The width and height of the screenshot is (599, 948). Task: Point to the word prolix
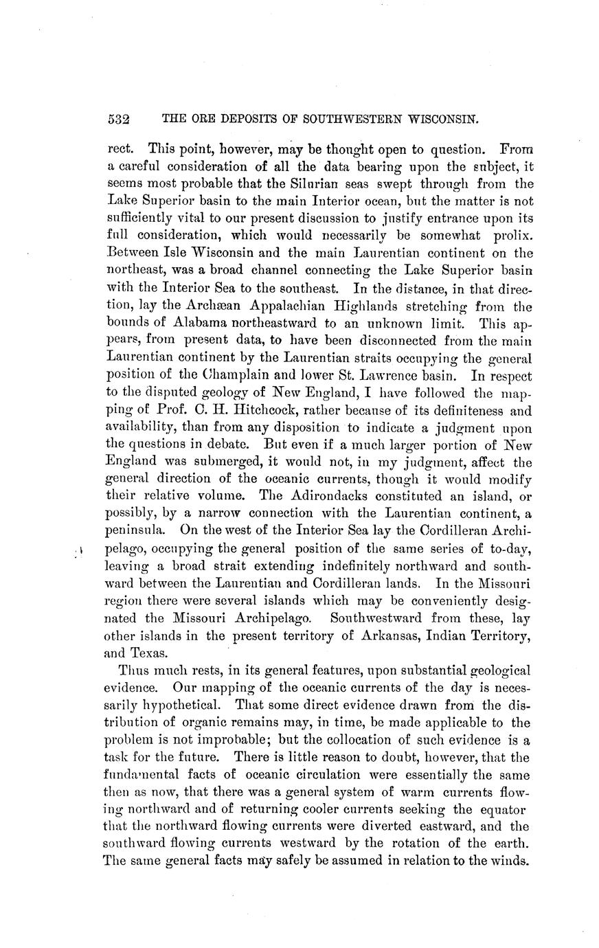pos(512,238)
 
